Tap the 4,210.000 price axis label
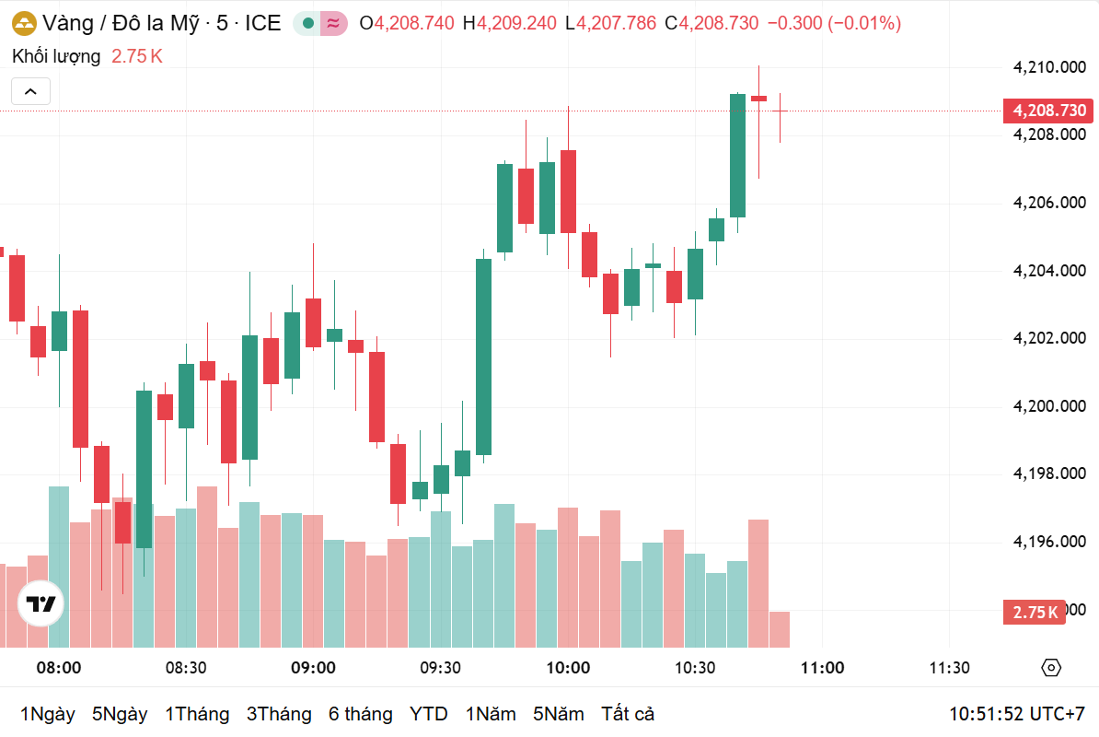click(x=1049, y=66)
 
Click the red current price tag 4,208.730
click(x=1049, y=111)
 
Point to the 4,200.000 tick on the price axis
click(x=1049, y=406)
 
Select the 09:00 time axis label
click(x=313, y=668)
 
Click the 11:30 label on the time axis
click(x=949, y=668)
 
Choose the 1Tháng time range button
click(x=197, y=714)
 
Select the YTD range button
click(x=428, y=714)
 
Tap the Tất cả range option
click(x=628, y=714)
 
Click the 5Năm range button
click(x=558, y=714)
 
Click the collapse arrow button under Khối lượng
click(x=30, y=91)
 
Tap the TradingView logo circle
click(x=41, y=605)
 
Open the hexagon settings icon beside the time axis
click(x=1052, y=668)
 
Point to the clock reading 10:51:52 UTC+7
click(x=1017, y=714)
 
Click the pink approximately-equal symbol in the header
click(x=333, y=23)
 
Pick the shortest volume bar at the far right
click(x=779, y=629)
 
